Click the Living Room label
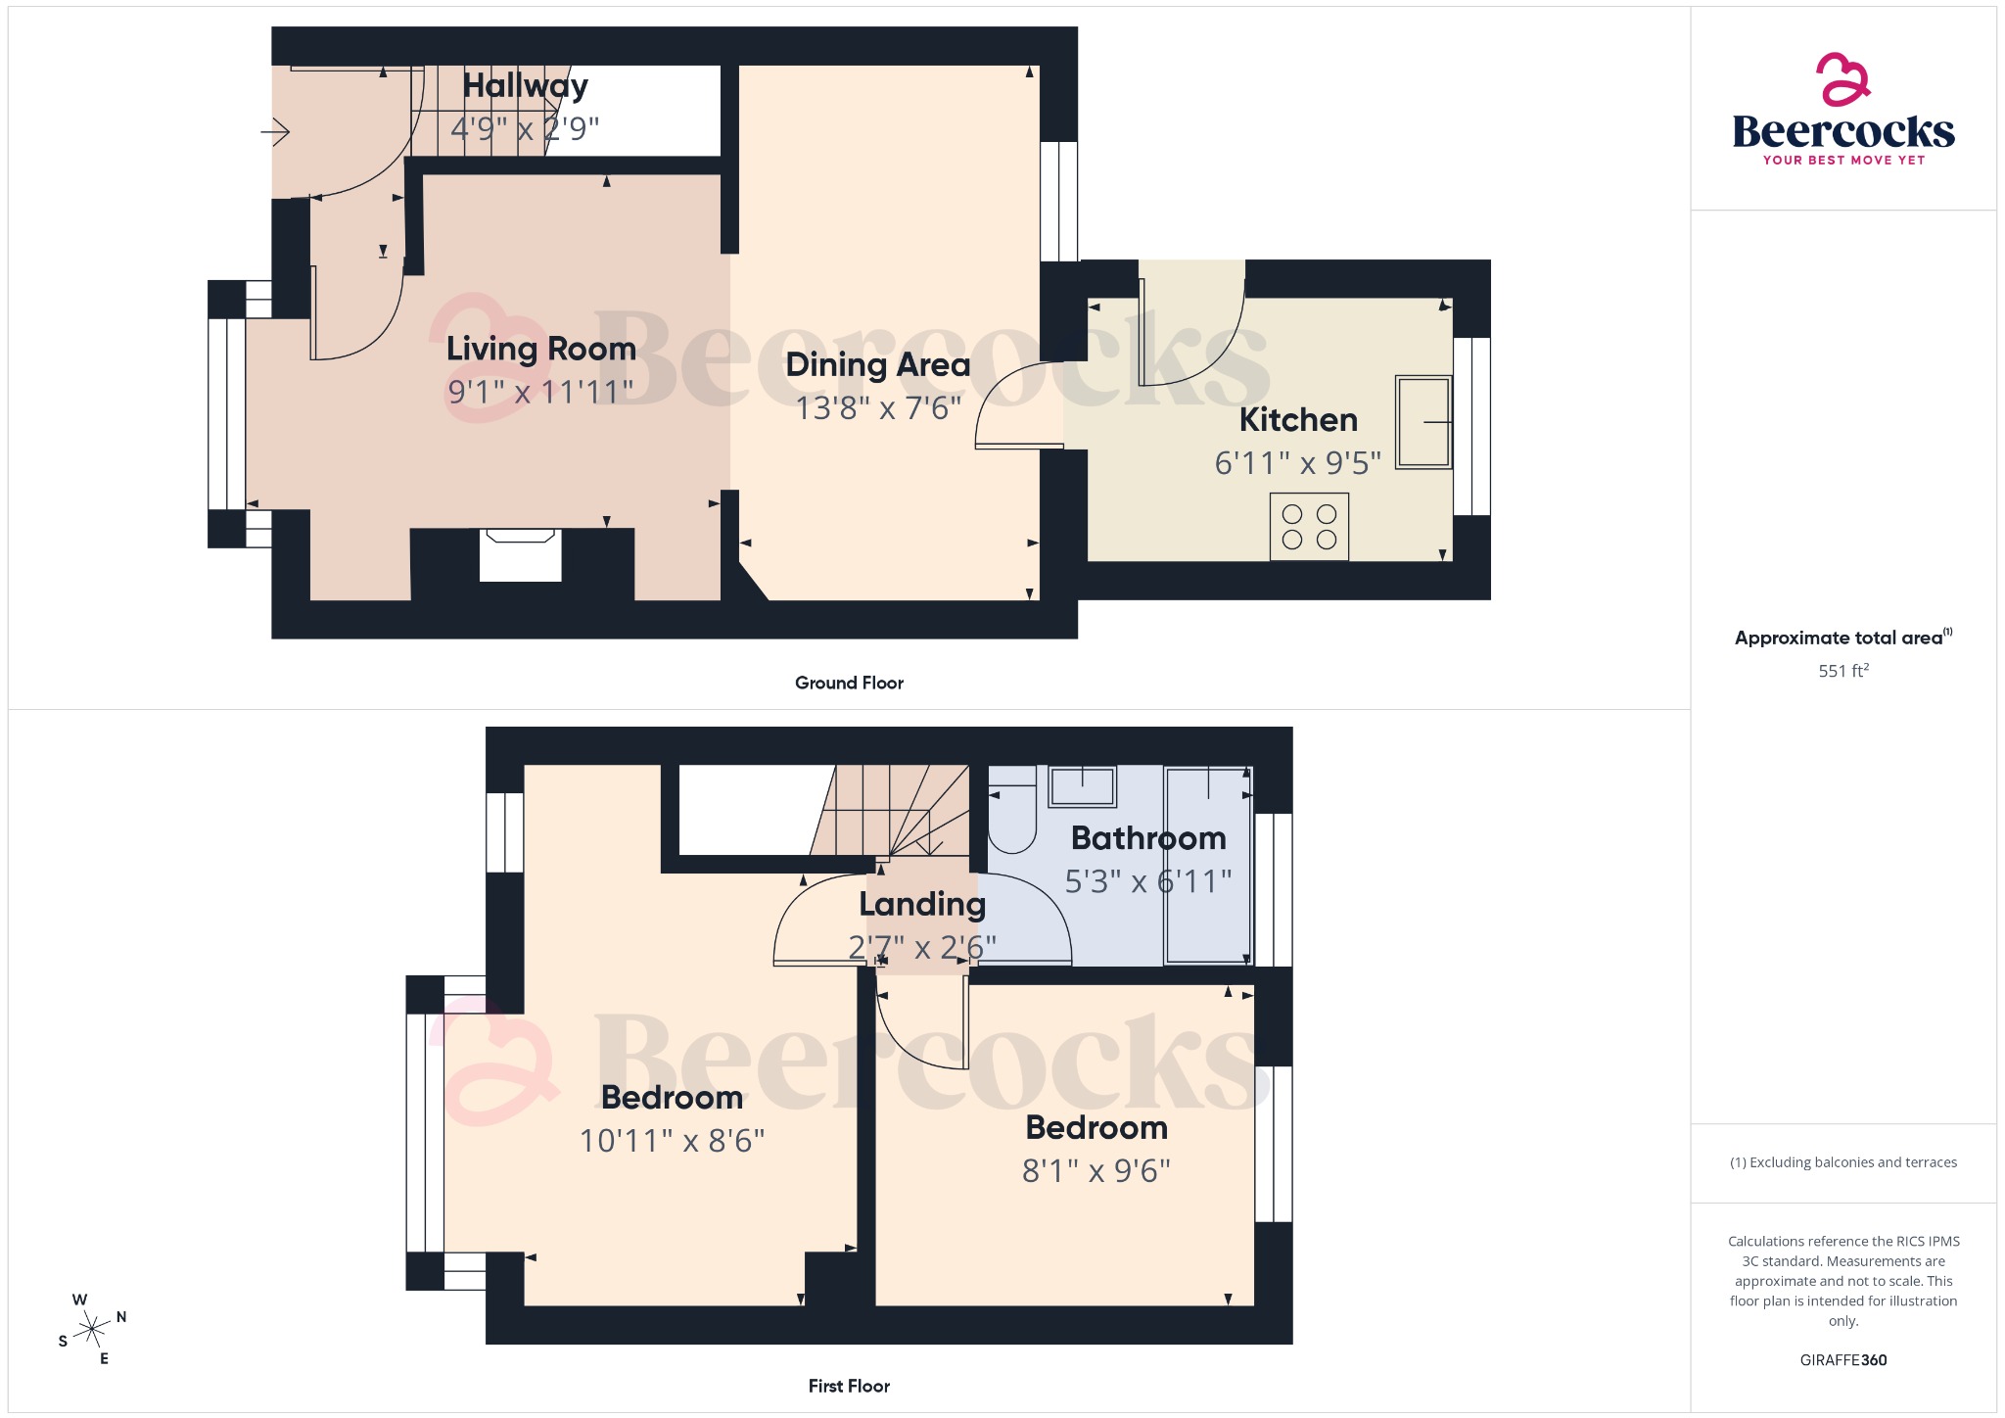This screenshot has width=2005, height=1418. click(540, 349)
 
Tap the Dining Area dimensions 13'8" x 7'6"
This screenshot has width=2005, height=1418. click(877, 407)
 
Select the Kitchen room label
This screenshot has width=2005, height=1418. click(1298, 420)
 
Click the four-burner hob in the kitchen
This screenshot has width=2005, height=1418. click(1309, 527)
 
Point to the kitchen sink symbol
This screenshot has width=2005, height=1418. click(1422, 422)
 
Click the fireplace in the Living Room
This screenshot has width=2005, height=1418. click(520, 554)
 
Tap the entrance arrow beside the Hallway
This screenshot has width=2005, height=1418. click(276, 131)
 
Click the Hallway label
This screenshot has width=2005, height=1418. click(525, 86)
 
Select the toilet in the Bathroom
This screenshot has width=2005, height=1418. click(1011, 820)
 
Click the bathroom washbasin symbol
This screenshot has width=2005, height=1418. click(1082, 786)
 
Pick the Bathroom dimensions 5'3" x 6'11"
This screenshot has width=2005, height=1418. click(1147, 881)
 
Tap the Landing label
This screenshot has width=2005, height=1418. click(921, 904)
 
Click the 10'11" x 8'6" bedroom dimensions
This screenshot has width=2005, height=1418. click(672, 1141)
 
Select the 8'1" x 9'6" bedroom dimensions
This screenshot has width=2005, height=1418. click(1096, 1171)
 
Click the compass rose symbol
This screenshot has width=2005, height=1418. click(93, 1329)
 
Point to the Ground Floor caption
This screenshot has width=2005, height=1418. click(849, 684)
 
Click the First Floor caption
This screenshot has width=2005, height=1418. click(849, 1387)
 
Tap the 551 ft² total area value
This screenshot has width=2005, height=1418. click(1842, 671)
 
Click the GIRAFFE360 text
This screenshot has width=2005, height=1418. click(1842, 1360)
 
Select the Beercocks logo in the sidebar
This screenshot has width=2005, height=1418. click(1842, 111)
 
